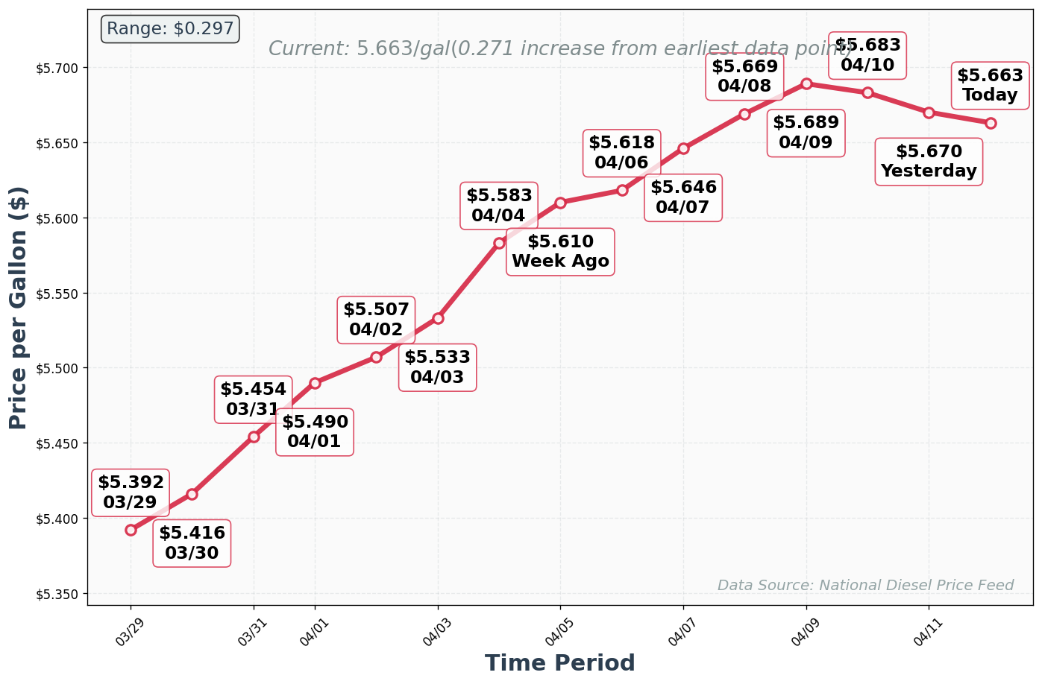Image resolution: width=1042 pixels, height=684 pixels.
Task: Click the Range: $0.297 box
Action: click(x=170, y=29)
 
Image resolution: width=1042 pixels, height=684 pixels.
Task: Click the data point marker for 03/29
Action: click(x=131, y=530)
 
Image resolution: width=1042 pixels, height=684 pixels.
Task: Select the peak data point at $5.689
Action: click(x=806, y=83)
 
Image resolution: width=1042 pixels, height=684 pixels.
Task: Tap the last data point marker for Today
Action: click(x=991, y=123)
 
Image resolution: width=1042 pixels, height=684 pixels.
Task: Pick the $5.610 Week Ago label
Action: click(x=560, y=252)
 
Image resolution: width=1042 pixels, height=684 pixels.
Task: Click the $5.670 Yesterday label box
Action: click(x=929, y=161)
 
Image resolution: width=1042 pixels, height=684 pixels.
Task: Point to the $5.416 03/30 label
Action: click(x=192, y=543)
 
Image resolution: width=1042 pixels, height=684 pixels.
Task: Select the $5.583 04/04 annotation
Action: click(x=499, y=206)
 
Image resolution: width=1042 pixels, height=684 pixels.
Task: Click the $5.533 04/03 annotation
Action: click(x=437, y=367)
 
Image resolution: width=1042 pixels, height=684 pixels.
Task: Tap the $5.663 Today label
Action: click(x=990, y=85)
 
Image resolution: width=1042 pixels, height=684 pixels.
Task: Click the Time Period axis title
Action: click(x=559, y=663)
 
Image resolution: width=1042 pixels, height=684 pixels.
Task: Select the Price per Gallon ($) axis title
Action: click(x=19, y=307)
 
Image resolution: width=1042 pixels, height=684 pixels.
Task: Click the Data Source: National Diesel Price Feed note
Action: click(x=865, y=585)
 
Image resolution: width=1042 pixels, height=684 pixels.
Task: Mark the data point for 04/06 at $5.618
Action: click(x=622, y=190)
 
